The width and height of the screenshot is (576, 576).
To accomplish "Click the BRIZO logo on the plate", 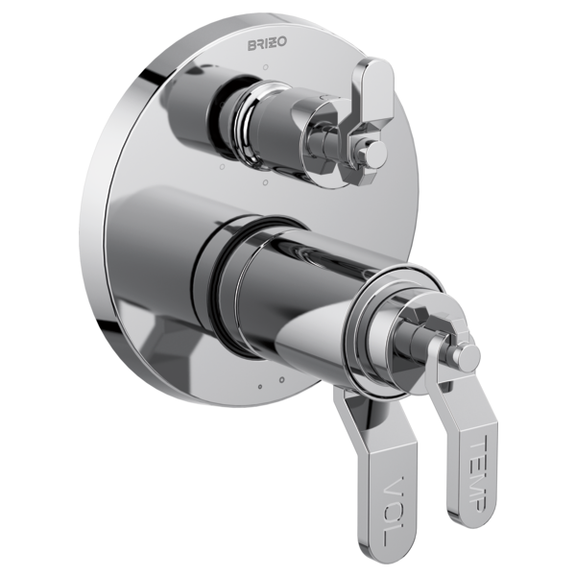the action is pyautogui.click(x=267, y=44).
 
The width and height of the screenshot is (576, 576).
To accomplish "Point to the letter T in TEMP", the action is pyautogui.click(x=479, y=445).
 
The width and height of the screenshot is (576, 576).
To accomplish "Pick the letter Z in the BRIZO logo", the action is pyautogui.click(x=274, y=43).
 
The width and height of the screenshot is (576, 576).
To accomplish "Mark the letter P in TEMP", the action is pyautogui.click(x=478, y=502).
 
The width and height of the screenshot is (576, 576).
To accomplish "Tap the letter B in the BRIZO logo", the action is pyautogui.click(x=252, y=45).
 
